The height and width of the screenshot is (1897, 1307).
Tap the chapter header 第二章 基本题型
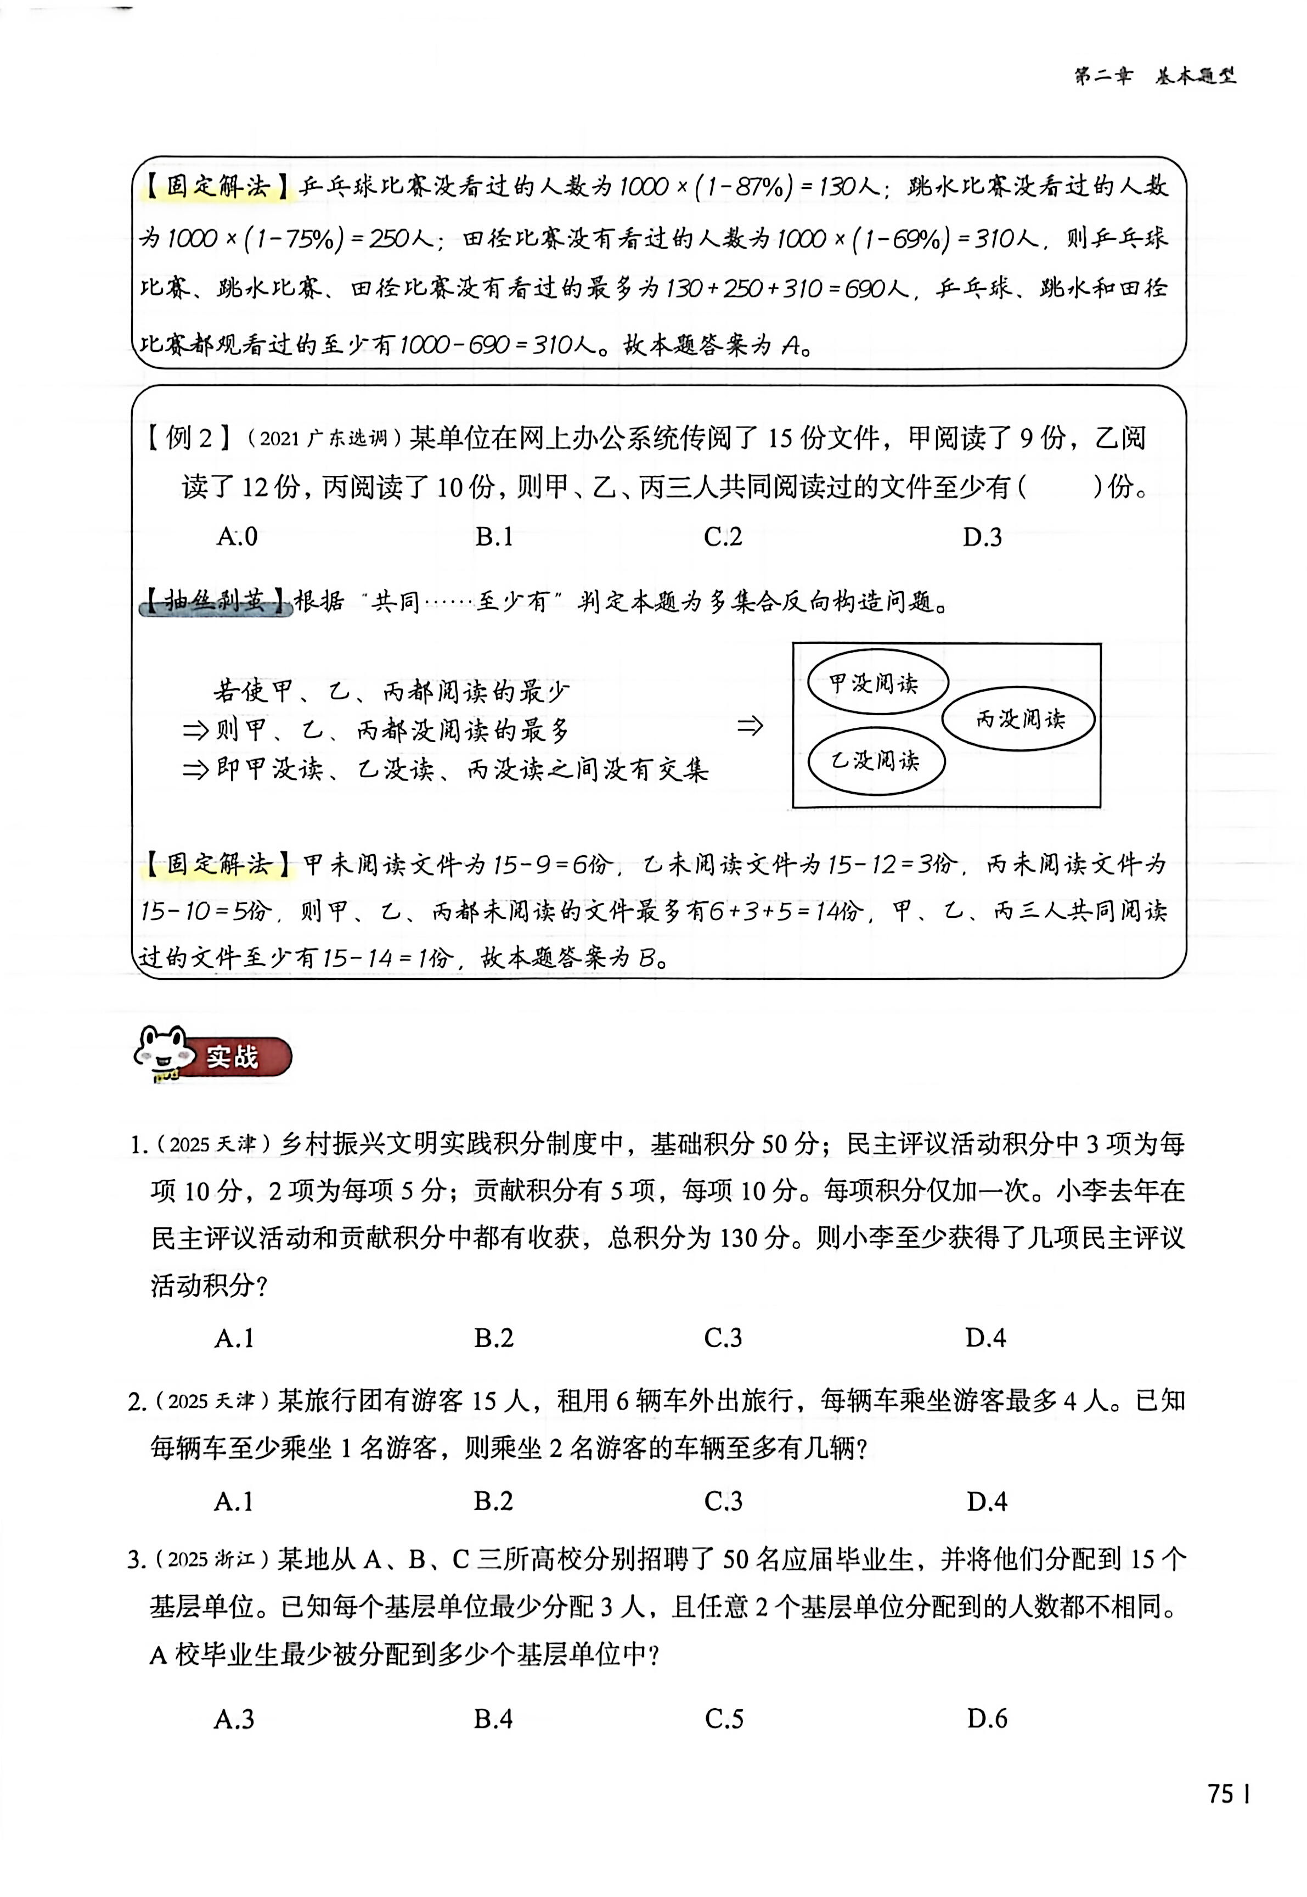point(1154,76)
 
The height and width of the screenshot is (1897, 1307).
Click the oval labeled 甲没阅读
point(876,682)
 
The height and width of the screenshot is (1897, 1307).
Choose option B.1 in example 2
point(494,536)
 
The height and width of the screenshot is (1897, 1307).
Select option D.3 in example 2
point(982,536)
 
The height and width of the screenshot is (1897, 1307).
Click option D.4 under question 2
point(986,1501)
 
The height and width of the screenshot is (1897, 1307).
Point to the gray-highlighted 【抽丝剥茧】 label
point(216,602)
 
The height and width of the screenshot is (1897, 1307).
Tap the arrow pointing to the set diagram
point(750,725)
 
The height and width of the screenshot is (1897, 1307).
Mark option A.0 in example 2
point(236,536)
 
